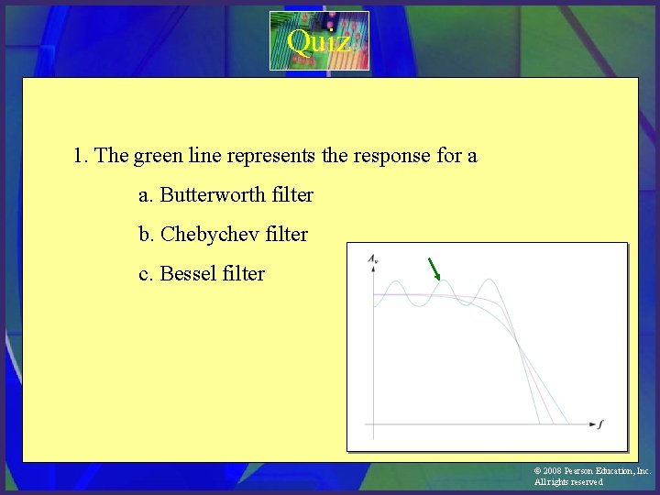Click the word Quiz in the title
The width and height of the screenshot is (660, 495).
pos(317,41)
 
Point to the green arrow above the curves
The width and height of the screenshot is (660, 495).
pos(434,269)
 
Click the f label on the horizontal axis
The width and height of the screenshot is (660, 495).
pos(601,424)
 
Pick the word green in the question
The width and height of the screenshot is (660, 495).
pos(159,156)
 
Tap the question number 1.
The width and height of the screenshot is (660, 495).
pos(81,156)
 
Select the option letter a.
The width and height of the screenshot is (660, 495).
pos(145,195)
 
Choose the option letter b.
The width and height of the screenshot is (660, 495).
pos(145,235)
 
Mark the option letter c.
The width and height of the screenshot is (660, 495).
pos(145,274)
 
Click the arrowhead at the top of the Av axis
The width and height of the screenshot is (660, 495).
pos(373,273)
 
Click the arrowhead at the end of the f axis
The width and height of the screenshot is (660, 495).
pos(589,424)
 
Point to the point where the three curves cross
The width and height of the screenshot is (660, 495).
pos(518,343)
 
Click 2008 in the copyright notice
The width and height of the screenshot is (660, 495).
pos(553,471)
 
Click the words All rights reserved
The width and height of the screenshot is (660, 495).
pos(568,482)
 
